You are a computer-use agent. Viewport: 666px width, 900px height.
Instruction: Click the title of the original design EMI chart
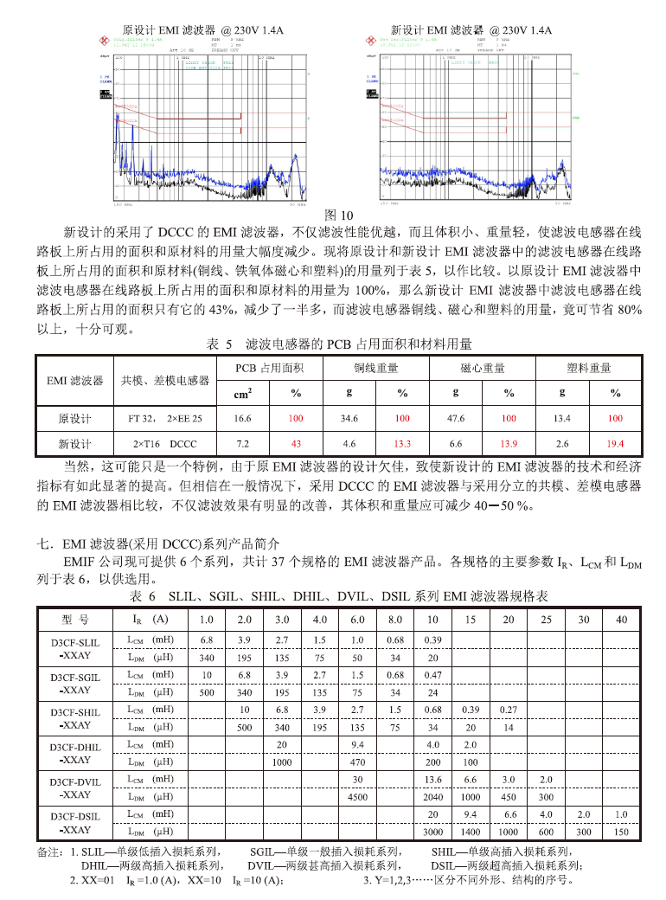click(x=203, y=29)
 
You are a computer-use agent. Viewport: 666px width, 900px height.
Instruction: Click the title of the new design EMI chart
click(x=471, y=29)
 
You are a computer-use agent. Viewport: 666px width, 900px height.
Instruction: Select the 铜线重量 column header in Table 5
click(x=375, y=368)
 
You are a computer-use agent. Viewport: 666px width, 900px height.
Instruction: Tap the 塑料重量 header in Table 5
click(x=589, y=368)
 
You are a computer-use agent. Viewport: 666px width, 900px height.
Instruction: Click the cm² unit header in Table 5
click(x=243, y=394)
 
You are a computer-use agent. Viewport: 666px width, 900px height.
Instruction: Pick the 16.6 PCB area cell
click(x=243, y=419)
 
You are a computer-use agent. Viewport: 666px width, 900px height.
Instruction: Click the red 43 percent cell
click(x=296, y=444)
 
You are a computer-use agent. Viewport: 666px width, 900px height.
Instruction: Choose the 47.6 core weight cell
click(x=455, y=419)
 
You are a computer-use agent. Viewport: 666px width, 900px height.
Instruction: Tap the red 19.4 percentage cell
click(x=615, y=444)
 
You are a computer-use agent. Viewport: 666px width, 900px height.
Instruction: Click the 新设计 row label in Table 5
click(x=75, y=444)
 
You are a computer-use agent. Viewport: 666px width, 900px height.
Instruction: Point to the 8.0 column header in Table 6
click(x=395, y=620)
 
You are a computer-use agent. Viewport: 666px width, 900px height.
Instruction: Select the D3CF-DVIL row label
click(x=75, y=787)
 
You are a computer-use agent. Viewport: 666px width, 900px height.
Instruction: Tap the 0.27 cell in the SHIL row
click(x=509, y=710)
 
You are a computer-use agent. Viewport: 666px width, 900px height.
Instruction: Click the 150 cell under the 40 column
click(x=621, y=832)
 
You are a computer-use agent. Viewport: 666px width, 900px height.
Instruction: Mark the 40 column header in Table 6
click(x=621, y=620)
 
